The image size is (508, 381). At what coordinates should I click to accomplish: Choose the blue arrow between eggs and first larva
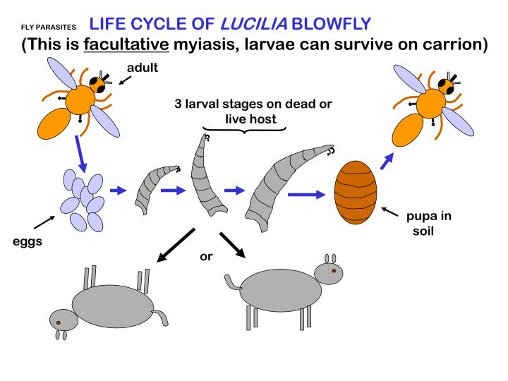[116, 190]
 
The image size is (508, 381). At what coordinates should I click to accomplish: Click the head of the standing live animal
[328, 272]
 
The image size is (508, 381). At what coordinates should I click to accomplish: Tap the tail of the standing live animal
[230, 280]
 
